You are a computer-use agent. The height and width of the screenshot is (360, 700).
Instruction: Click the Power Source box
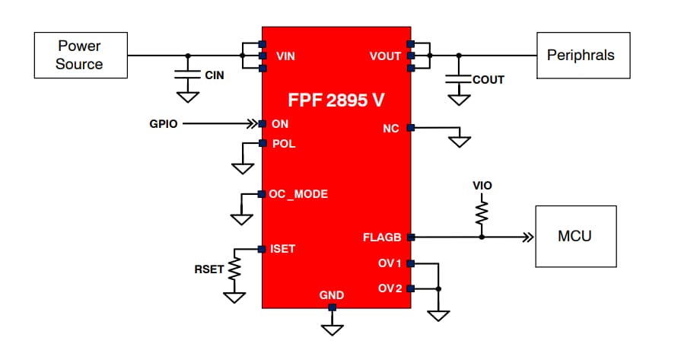(x=79, y=56)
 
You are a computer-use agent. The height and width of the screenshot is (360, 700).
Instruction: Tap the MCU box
(x=575, y=236)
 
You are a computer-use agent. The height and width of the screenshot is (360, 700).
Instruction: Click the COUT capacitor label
(x=488, y=79)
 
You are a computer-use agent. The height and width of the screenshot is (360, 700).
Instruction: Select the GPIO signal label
(x=164, y=123)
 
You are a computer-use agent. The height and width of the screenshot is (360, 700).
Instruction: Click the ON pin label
(x=280, y=123)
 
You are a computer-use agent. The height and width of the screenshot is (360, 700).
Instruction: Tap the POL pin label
(x=284, y=143)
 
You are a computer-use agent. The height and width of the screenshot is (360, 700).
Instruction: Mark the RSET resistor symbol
(x=234, y=268)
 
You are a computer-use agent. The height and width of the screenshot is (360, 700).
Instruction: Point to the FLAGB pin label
(x=382, y=237)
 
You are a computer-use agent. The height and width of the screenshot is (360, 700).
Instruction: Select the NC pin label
(x=391, y=128)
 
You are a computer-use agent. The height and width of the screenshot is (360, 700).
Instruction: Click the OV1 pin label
(x=389, y=263)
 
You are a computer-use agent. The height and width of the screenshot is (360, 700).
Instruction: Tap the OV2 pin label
(x=389, y=288)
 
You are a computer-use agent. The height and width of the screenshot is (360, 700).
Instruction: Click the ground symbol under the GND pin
(x=332, y=329)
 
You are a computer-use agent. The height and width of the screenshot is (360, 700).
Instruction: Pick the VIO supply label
(x=482, y=185)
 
